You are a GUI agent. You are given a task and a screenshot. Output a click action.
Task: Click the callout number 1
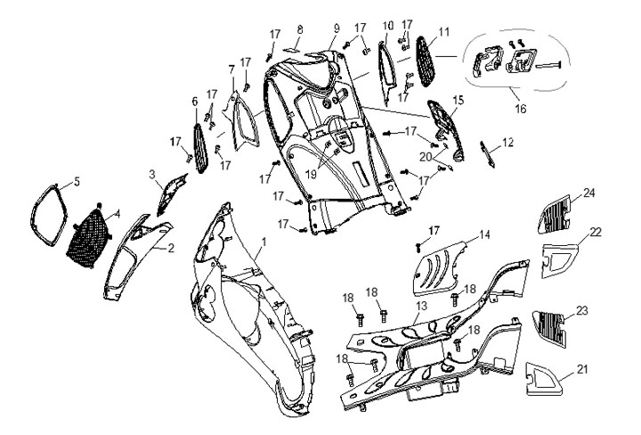click(x=263, y=242)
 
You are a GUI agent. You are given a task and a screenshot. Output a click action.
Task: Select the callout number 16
click(x=519, y=108)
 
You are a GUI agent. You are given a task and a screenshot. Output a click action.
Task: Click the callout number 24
click(x=587, y=193)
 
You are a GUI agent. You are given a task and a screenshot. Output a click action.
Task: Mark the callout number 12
click(x=508, y=142)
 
